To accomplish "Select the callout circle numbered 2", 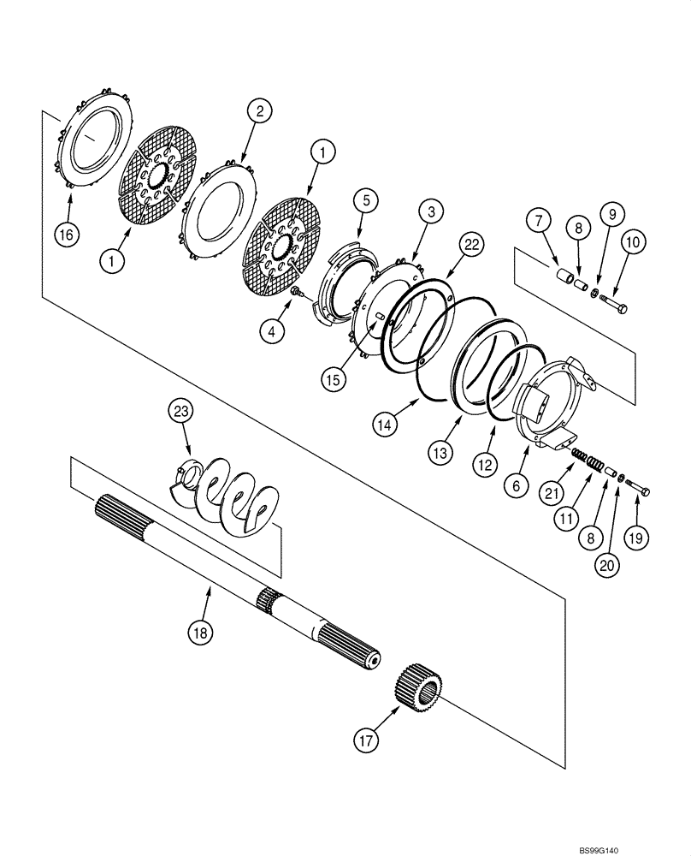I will pyautogui.click(x=261, y=111).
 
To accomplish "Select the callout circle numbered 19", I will pyautogui.click(x=638, y=538).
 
